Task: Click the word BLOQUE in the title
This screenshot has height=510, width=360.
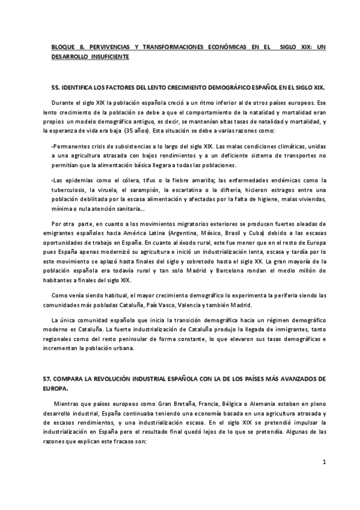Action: [63, 46]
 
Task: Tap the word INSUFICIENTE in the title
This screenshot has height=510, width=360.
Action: [108, 56]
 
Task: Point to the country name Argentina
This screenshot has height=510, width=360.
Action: [187, 233]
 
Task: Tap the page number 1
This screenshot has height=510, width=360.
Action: [324, 462]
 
